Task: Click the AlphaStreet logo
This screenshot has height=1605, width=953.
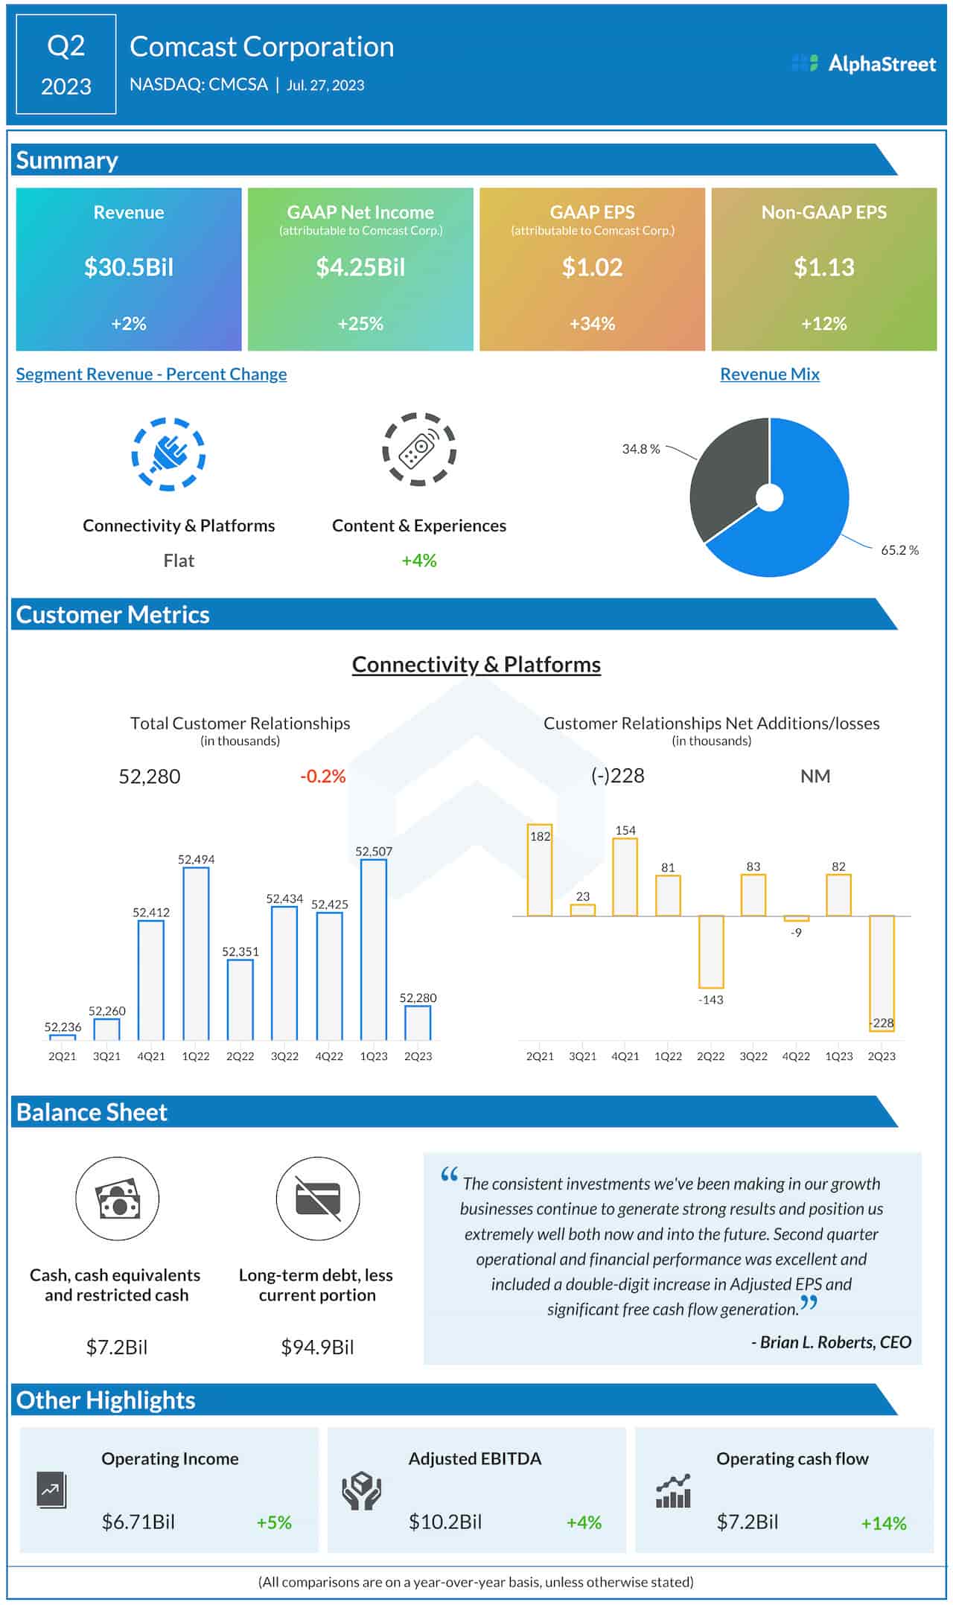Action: (864, 64)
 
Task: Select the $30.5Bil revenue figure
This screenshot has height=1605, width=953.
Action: (129, 267)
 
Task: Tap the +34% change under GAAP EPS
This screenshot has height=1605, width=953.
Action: (592, 324)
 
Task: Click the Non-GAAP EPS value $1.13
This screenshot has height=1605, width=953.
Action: (823, 267)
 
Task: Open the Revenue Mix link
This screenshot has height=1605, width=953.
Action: (769, 374)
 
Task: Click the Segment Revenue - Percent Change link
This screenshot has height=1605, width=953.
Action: (151, 374)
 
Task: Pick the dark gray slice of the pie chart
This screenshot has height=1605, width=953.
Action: (726, 476)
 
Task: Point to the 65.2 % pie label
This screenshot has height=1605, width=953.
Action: (899, 550)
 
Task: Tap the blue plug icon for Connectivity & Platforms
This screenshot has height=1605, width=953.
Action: (168, 454)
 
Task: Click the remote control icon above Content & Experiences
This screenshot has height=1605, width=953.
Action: (418, 449)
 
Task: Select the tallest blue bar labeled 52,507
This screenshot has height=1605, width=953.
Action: (374, 949)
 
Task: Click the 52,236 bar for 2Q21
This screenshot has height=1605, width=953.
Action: (63, 1037)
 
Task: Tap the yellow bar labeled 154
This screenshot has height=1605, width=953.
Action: (625, 877)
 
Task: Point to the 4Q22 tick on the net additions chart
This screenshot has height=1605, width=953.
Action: (796, 1056)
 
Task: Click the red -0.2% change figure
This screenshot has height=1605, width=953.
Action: (322, 776)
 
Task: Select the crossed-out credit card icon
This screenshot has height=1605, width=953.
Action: (318, 1199)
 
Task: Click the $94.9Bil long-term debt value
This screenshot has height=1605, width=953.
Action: (317, 1347)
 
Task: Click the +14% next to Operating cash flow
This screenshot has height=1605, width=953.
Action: (884, 1523)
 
